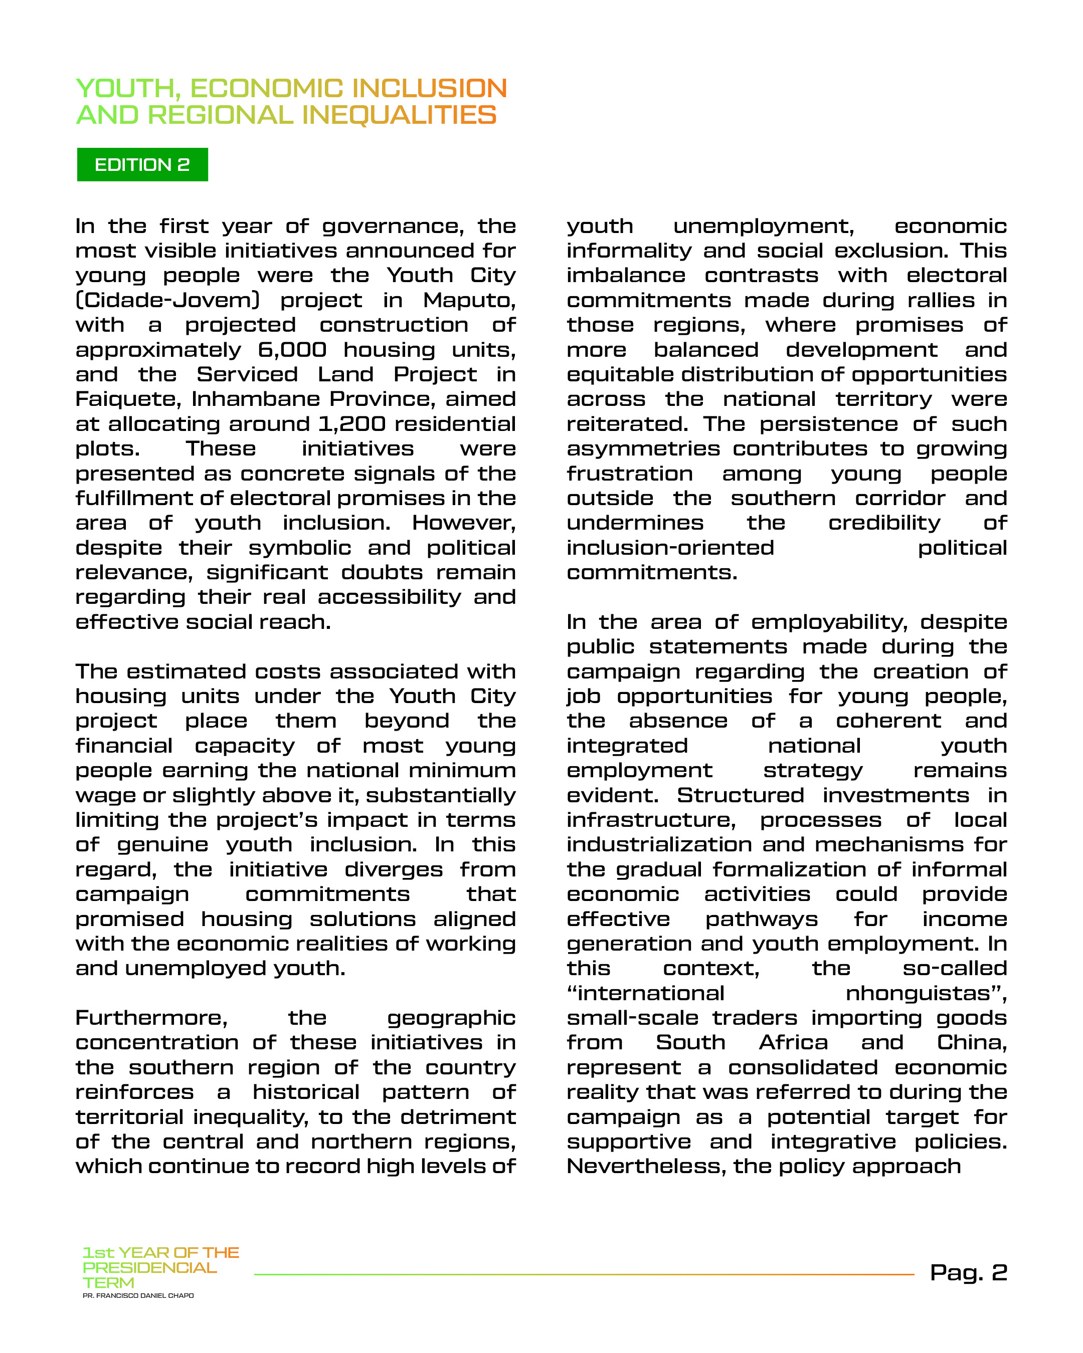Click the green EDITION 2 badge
pos(142,164)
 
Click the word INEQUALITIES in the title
pos(399,115)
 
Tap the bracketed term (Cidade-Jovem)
pos(167,300)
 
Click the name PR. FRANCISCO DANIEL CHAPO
pos(138,1295)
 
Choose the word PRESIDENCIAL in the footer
pos(149,1268)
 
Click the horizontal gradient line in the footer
pos(584,1274)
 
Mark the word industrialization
pos(659,845)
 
